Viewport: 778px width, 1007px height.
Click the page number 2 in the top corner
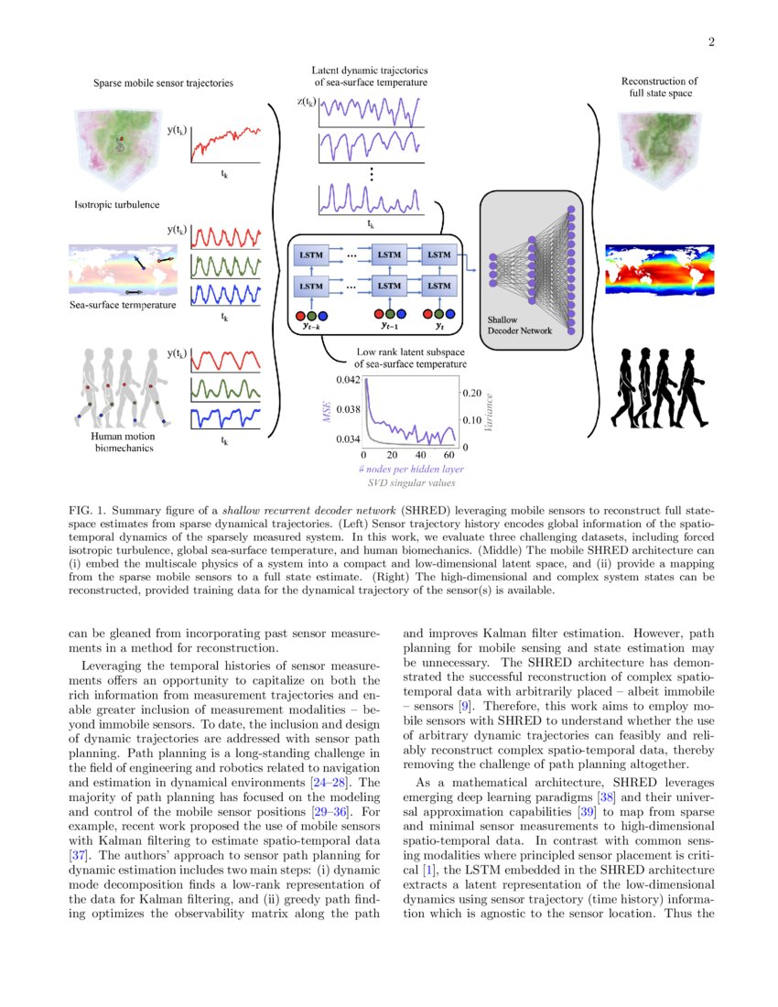pos(709,41)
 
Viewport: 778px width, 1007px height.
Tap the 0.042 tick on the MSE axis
pos(349,378)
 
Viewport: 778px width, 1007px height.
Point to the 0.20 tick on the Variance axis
pos(470,392)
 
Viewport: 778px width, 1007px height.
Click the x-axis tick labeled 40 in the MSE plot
pos(421,455)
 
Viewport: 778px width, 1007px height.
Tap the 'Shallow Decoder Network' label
pos(520,325)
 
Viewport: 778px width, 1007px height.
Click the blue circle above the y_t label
pos(452,313)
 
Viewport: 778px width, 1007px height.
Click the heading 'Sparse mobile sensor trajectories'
pos(163,83)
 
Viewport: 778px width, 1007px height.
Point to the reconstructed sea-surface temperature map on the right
pos(659,271)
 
